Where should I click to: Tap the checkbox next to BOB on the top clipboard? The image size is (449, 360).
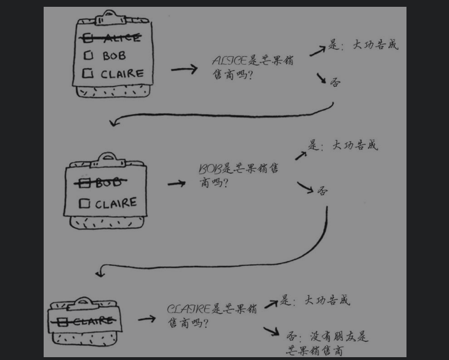(88, 56)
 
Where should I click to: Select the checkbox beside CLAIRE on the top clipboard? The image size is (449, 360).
(87, 73)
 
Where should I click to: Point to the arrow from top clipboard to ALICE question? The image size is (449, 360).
(184, 69)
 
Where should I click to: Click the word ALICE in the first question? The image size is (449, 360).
(229, 61)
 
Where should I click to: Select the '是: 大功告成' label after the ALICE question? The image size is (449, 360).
(363, 45)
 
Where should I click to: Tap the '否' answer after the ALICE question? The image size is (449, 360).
(336, 82)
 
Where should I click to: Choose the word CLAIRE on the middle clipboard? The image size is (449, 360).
(116, 203)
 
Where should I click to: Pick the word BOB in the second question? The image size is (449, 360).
(210, 169)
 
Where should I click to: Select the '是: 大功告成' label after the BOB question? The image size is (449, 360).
(343, 145)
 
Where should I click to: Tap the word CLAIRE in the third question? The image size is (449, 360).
(189, 310)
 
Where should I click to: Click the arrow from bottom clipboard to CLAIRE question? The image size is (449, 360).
(147, 319)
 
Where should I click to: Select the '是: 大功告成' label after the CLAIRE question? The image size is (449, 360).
(315, 300)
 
